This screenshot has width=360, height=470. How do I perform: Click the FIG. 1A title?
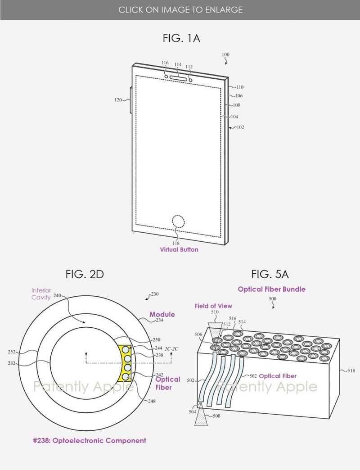(x=181, y=38)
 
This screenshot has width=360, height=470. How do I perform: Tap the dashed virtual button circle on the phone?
(x=179, y=222)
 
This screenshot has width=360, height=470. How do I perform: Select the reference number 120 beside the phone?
(x=118, y=100)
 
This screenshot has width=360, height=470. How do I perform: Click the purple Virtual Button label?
(x=179, y=249)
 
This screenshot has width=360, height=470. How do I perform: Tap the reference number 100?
(x=225, y=55)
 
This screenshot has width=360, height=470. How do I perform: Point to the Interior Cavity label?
(x=41, y=294)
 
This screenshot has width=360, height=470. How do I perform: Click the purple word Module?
(x=162, y=314)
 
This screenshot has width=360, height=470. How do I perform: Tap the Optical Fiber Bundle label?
(x=271, y=289)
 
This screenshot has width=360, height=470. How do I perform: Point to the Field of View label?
(x=213, y=306)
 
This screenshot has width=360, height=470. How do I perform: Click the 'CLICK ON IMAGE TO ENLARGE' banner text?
(x=180, y=9)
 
